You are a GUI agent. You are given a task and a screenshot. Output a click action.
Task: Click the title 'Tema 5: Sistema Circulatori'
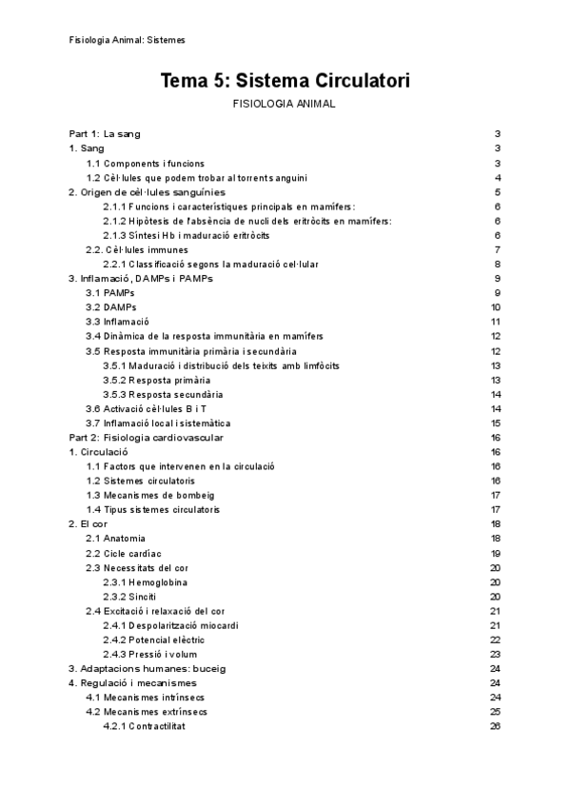(285, 82)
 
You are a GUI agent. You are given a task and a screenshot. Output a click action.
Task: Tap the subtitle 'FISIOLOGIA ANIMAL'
(285, 104)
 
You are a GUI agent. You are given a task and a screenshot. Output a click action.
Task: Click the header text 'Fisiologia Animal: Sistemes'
(128, 40)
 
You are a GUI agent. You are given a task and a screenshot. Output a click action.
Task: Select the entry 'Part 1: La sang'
(105, 134)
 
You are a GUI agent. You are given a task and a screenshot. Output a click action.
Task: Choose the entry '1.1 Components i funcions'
(145, 164)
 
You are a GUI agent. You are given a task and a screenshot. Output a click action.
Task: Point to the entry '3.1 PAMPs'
(110, 293)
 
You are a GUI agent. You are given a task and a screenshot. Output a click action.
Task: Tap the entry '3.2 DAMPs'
(111, 307)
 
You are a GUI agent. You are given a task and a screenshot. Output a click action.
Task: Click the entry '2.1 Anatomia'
(116, 539)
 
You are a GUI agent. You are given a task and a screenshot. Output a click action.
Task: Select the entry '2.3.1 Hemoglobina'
(145, 581)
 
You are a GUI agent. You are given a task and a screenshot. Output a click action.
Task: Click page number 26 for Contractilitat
(495, 726)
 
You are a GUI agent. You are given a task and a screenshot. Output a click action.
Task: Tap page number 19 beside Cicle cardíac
(495, 553)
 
